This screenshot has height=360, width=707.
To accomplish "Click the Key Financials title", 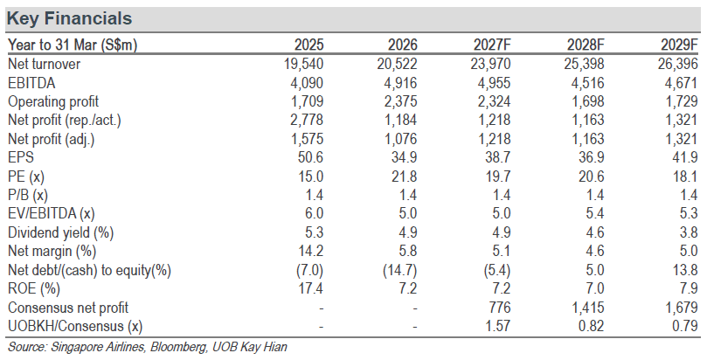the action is pos(69,18).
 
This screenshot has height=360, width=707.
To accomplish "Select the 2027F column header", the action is pos(492,45).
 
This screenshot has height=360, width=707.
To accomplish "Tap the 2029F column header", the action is pos(680,45).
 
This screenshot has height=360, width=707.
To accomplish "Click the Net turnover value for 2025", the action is pos(304,64).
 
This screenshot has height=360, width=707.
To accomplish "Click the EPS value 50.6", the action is pos(309,157).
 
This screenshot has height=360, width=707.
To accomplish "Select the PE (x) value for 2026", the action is pos(404,177).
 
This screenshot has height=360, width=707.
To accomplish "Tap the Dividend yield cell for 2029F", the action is pos(688,232).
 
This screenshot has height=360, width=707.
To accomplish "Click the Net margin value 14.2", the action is pos(309,251).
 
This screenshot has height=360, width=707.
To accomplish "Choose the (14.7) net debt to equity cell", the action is pos(400,270).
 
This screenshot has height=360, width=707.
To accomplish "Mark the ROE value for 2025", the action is pos(309,288).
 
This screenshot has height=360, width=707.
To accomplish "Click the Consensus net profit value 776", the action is pos(499,308).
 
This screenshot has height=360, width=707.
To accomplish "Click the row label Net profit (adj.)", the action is pos(52,139).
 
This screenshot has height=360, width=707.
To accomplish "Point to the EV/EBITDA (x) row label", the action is pos(52,213).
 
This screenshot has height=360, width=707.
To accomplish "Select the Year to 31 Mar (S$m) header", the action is pos(73,45).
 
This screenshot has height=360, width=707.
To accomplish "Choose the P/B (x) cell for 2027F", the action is pos(502,195).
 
